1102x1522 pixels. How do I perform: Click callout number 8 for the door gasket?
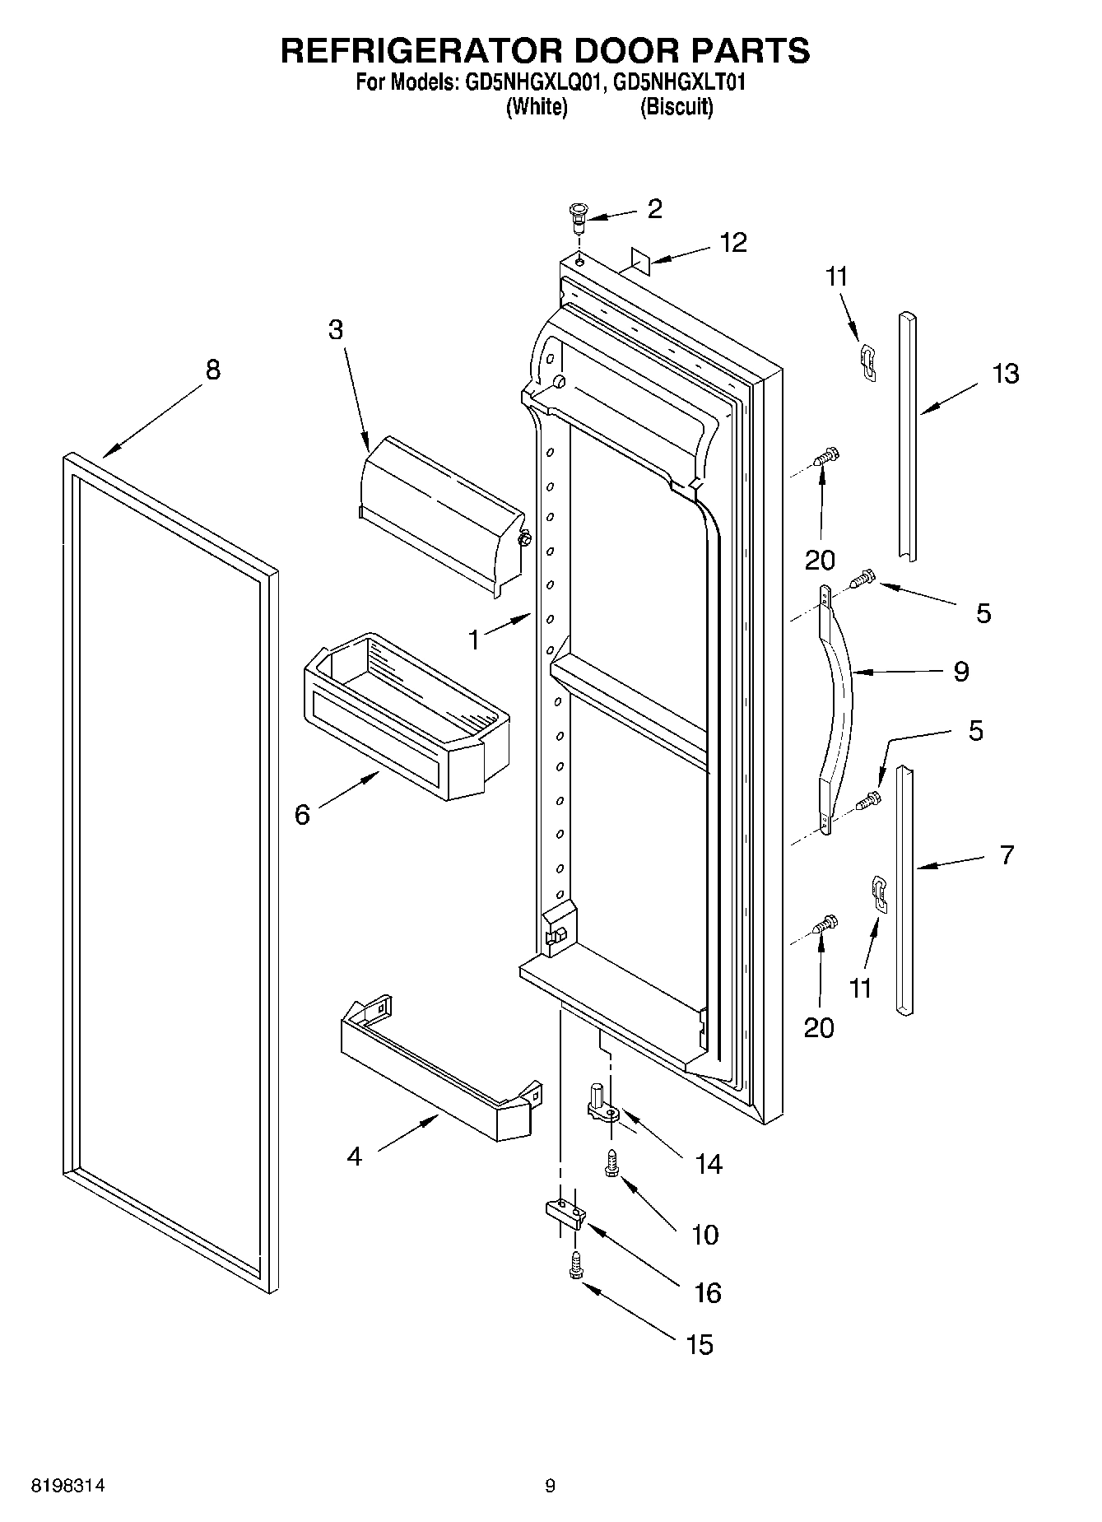[x=213, y=370]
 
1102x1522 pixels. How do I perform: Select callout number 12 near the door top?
[x=733, y=243]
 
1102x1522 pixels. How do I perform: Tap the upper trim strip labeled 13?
[x=907, y=436]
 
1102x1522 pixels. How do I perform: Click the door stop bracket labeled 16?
[x=565, y=1213]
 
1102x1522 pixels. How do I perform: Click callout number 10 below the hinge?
[x=705, y=1234]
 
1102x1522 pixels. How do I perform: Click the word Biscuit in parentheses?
[x=677, y=107]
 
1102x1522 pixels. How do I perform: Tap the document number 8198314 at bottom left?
[x=68, y=1487]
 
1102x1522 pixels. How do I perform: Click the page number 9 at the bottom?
[x=550, y=1487]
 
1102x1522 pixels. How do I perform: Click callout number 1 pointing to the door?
[x=474, y=640]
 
